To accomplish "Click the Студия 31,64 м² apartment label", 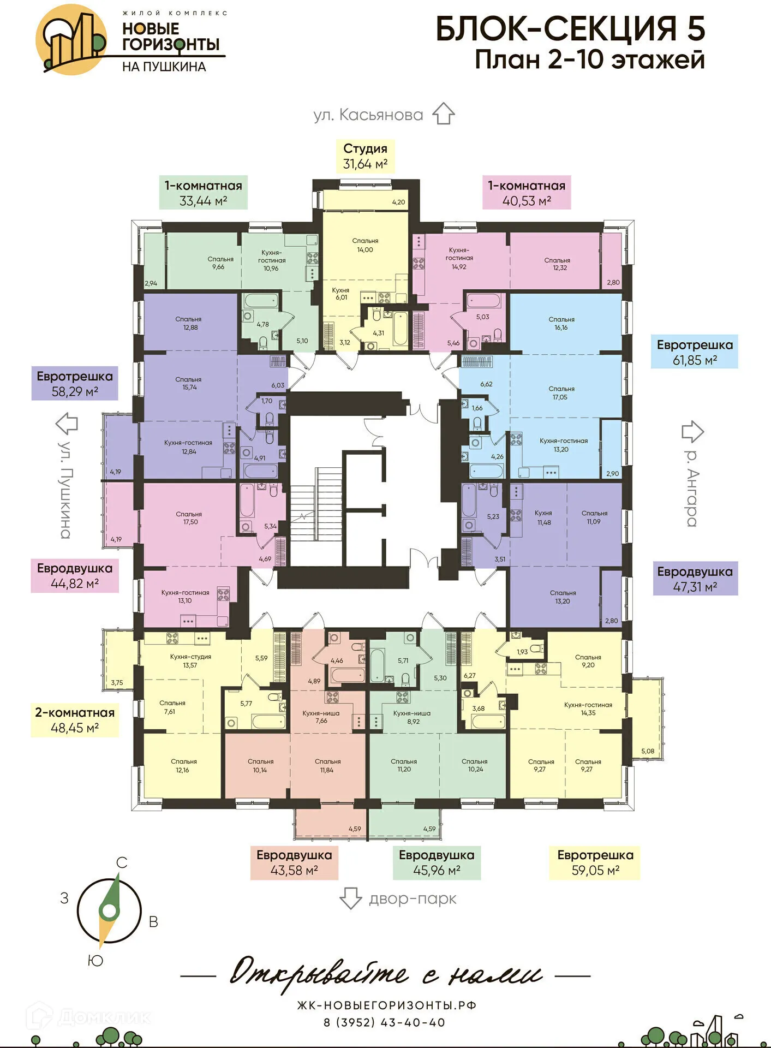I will [x=365, y=156].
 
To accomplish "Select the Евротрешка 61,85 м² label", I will [x=694, y=352].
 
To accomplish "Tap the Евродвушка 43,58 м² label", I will [x=294, y=862].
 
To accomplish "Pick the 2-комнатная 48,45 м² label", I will [x=75, y=720].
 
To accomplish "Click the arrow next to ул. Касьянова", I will [x=443, y=114].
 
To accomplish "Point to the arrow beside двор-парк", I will [x=350, y=898].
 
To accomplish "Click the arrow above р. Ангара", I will [x=692, y=431].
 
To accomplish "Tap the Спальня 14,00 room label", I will [x=365, y=245].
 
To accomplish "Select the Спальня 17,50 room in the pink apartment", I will [x=189, y=518].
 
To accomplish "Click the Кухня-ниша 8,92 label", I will [x=412, y=717].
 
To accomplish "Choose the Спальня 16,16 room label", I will [x=561, y=323].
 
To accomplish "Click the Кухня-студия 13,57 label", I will [x=190, y=660].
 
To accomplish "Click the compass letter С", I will [x=122, y=863].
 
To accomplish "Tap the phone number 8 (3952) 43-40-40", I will [x=385, y=1022].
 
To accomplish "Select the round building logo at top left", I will [x=71, y=39].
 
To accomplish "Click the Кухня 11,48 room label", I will [x=543, y=517].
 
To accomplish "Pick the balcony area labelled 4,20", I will [x=366, y=200].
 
